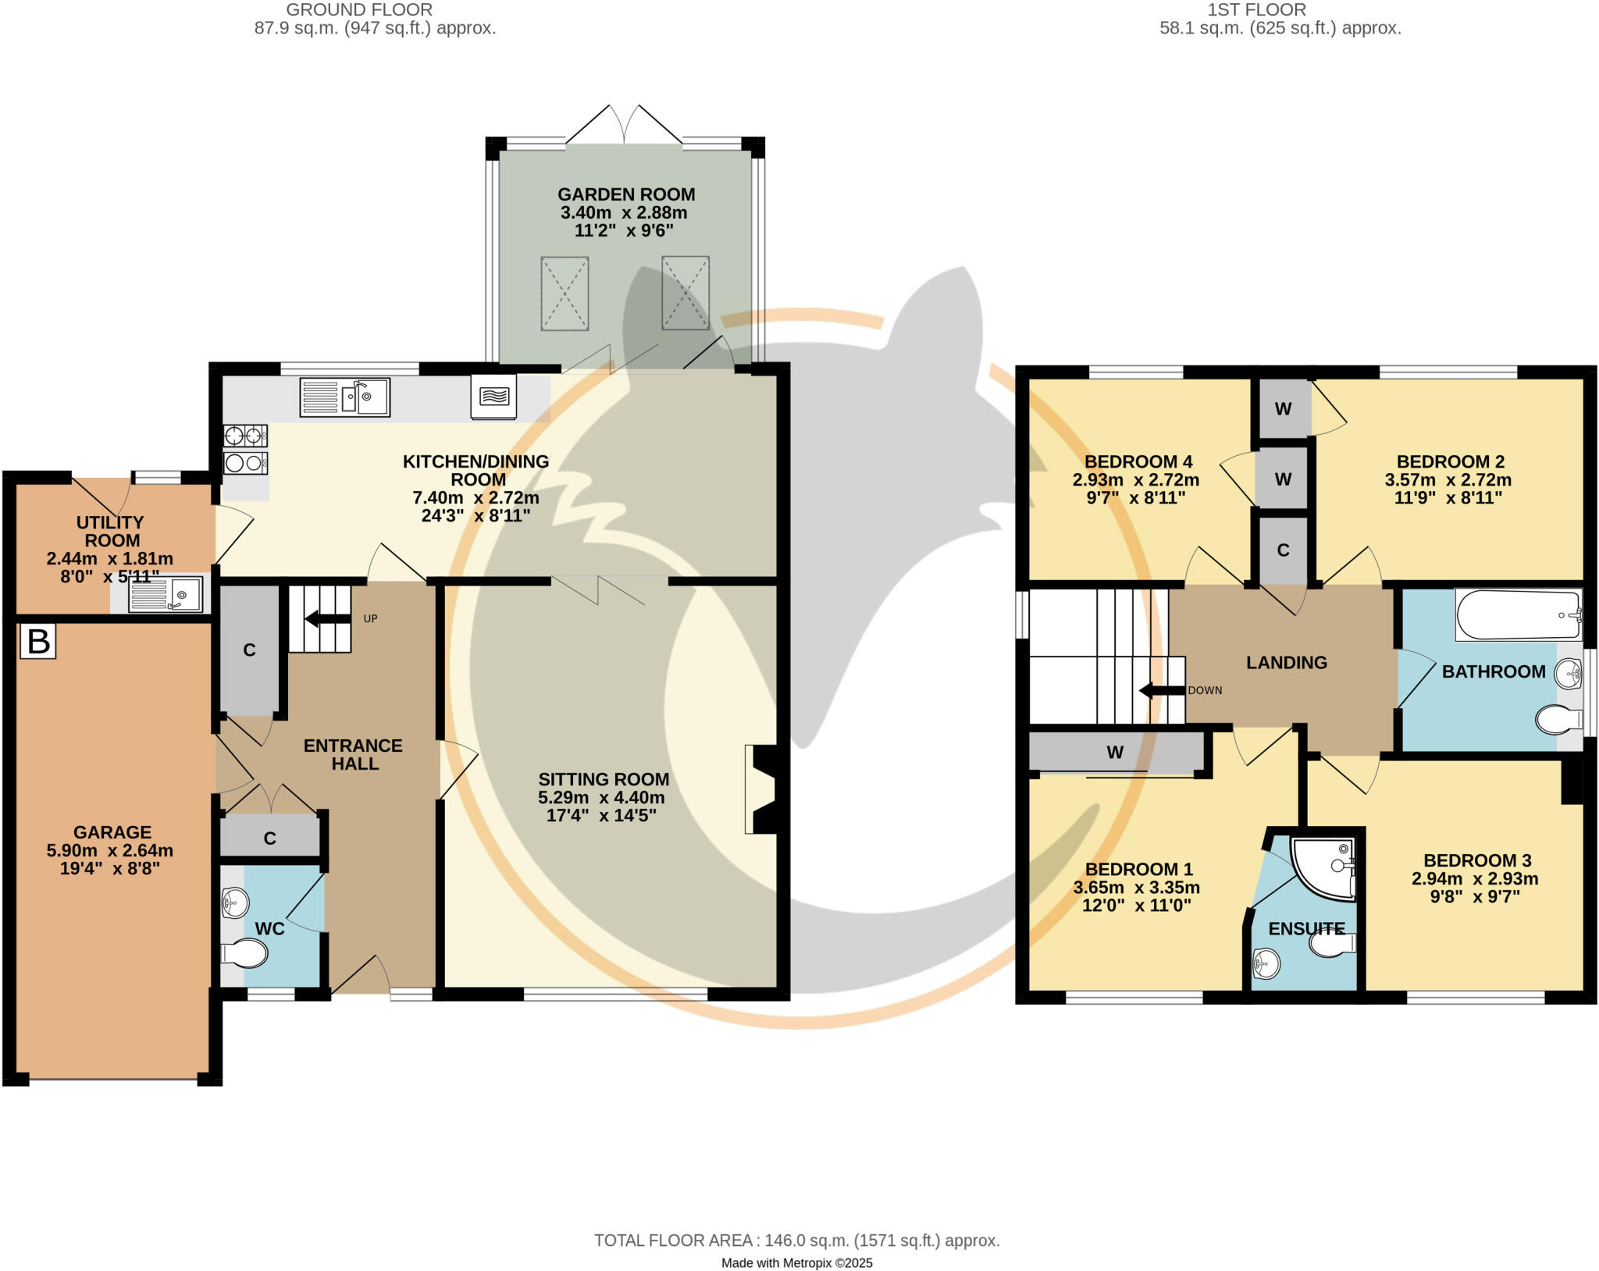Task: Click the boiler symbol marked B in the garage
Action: pos(38,641)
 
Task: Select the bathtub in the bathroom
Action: pos(1519,615)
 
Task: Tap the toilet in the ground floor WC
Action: pos(244,953)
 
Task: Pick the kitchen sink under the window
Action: pos(345,397)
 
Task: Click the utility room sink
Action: pos(166,595)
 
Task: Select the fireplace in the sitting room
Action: pos(762,789)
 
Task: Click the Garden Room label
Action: pos(626,194)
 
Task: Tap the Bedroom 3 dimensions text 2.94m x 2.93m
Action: pos(1475,878)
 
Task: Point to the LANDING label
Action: pos(1287,663)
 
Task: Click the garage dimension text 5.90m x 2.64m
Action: pos(110,850)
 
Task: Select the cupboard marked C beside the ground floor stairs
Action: pos(249,650)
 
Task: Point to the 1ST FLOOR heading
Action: pos(1256,10)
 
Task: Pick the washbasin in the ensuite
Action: pos(1266,963)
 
